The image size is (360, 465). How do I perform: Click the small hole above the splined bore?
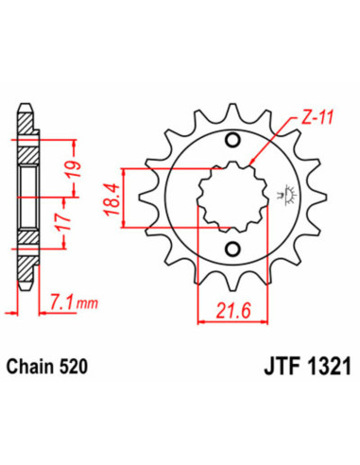(233, 139)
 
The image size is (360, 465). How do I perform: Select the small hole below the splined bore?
(233, 250)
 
